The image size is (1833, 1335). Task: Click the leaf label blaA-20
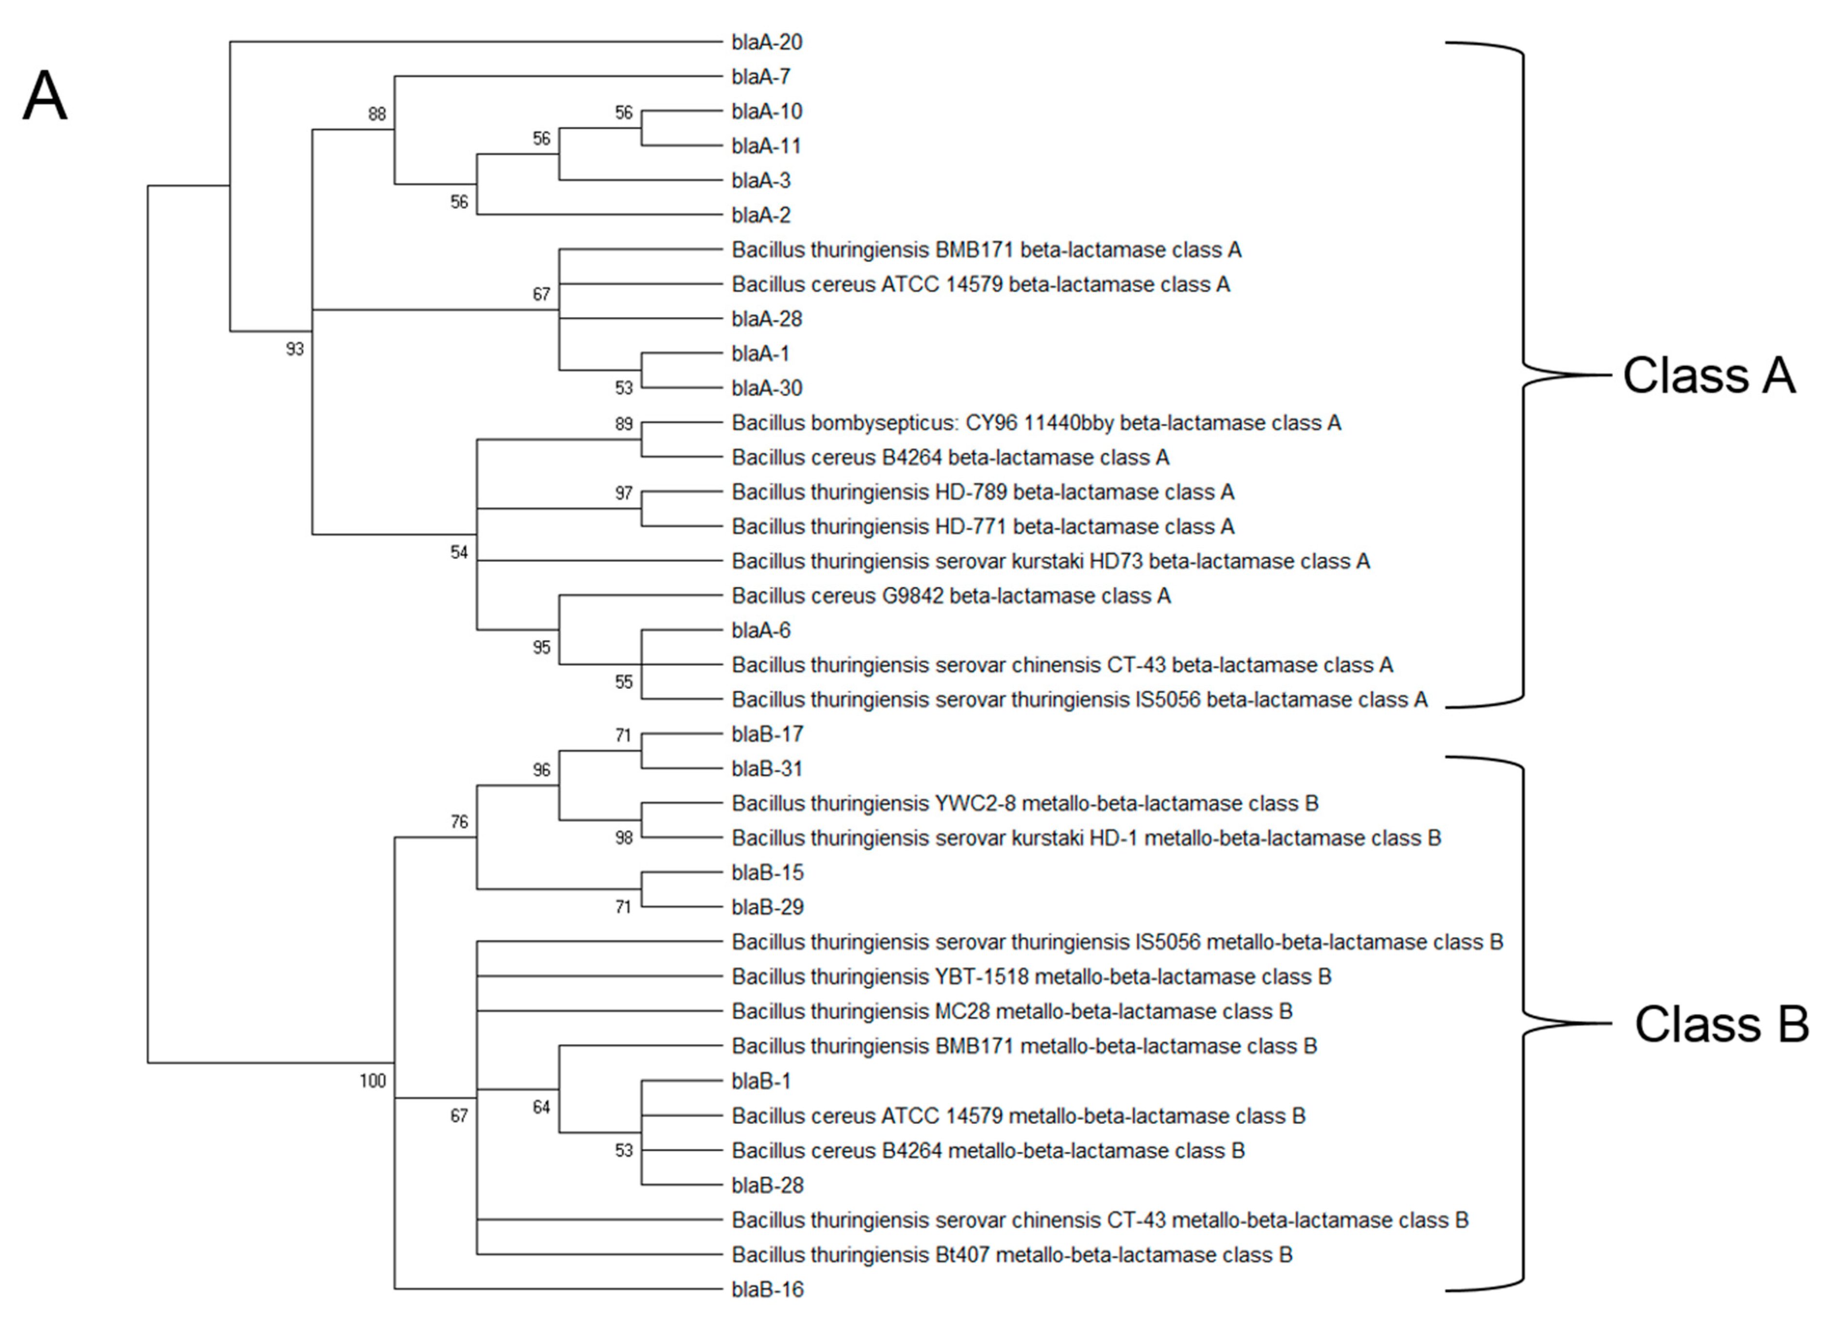click(766, 42)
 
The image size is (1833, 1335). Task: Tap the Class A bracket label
click(1708, 376)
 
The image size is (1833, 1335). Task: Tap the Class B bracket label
click(1720, 1025)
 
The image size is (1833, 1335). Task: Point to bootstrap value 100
click(372, 1081)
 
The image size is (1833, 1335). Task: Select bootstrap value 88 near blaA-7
click(377, 114)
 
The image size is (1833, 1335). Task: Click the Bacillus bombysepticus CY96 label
click(1035, 423)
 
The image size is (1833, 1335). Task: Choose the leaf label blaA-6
click(760, 630)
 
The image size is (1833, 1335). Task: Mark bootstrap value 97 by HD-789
click(623, 493)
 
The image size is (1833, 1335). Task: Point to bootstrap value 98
click(623, 838)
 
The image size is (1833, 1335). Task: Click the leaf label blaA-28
click(766, 319)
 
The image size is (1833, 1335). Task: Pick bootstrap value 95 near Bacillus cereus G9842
click(541, 647)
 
